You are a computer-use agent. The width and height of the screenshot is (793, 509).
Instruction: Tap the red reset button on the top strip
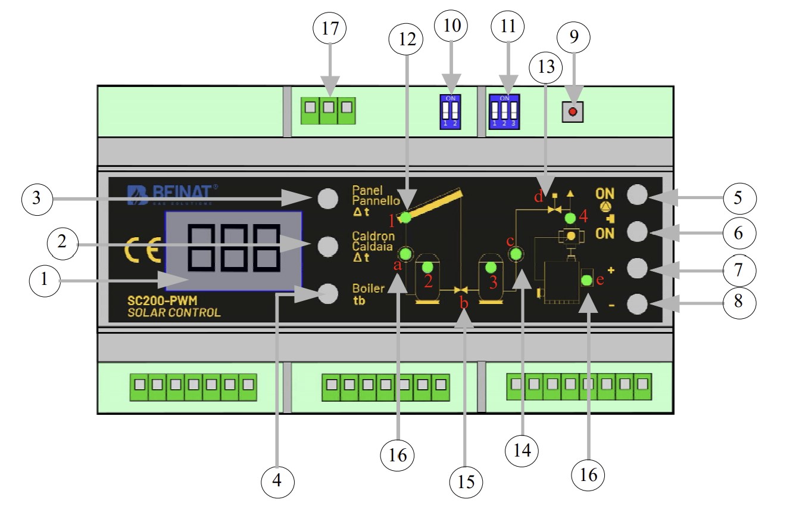pyautogui.click(x=573, y=111)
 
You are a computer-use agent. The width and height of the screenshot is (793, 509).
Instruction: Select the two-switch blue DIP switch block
pyautogui.click(x=450, y=111)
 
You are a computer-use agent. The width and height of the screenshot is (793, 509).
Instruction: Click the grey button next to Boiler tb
pyautogui.click(x=327, y=293)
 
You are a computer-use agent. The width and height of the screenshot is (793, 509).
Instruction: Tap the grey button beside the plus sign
pyautogui.click(x=638, y=268)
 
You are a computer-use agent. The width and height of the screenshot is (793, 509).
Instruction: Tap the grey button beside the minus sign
pyautogui.click(x=638, y=305)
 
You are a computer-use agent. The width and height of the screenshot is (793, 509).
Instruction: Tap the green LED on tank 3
pyautogui.click(x=491, y=266)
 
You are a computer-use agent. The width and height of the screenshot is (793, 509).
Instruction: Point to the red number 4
pyautogui.click(x=583, y=216)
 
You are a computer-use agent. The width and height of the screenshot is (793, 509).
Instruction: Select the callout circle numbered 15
pyautogui.click(x=466, y=480)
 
